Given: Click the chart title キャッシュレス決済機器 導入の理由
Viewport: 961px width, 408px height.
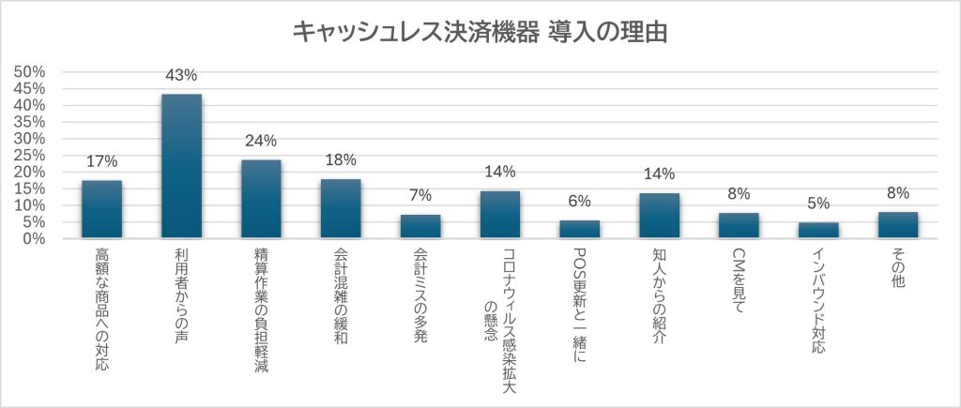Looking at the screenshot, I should click(x=480, y=32).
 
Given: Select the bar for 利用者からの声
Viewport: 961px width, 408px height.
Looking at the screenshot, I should click(x=181, y=166).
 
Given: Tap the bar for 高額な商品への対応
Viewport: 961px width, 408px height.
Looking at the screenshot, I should click(x=101, y=209).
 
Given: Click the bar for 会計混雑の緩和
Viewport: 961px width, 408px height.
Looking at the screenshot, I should click(x=341, y=208).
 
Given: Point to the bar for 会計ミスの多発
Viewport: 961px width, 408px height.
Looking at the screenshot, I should click(x=420, y=226).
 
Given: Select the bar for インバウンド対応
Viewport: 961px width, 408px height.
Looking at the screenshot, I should click(x=818, y=230).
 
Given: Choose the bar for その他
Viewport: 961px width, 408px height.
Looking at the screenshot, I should click(x=898, y=225).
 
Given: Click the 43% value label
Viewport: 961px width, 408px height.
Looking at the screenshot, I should click(x=181, y=75).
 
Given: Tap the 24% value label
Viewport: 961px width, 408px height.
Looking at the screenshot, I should click(x=261, y=141).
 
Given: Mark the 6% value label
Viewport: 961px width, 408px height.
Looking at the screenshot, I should click(x=580, y=202).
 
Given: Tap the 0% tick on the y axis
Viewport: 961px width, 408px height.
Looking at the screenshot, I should click(x=36, y=238).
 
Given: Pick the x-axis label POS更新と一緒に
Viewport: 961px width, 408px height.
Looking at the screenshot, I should click(x=580, y=305).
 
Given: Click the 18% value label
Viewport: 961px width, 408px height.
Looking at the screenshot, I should click(x=341, y=159).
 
